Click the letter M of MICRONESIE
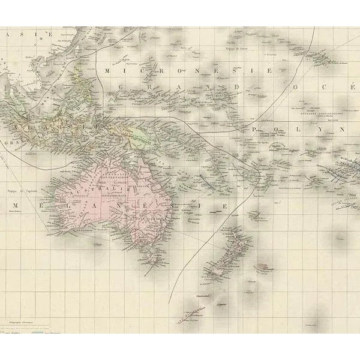(x=107, y=71)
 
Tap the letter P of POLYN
(x=256, y=130)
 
